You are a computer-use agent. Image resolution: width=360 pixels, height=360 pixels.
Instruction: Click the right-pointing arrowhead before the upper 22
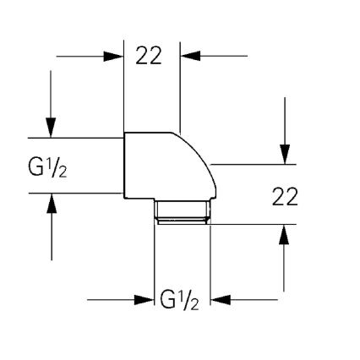click(116, 57)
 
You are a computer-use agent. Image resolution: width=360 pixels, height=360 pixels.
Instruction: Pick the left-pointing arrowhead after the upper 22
click(188, 57)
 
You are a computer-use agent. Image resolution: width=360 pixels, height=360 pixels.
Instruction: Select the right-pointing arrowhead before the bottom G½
click(145, 298)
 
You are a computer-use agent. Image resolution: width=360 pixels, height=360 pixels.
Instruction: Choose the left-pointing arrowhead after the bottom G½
click(218, 298)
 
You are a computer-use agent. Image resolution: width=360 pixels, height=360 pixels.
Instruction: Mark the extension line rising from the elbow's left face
click(124, 85)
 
